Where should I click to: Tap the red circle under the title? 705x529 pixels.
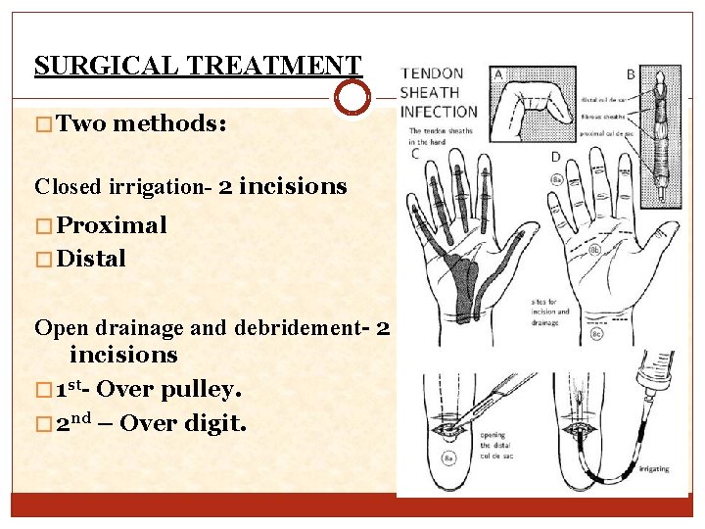352,98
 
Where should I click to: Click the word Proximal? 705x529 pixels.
112,225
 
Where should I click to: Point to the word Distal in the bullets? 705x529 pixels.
91,260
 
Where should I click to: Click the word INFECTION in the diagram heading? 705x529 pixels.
438,111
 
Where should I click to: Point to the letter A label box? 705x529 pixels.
498,73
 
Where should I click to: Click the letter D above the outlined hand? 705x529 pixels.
555,157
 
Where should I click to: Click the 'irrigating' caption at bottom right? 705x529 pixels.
654,469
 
